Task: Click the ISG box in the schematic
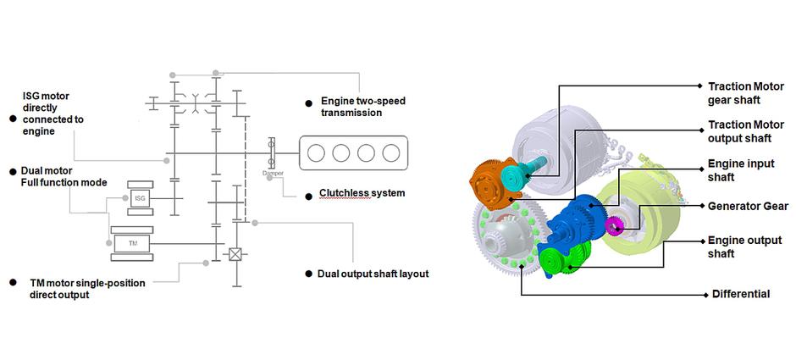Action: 140,197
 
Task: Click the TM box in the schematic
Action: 132,244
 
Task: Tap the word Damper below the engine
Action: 273,173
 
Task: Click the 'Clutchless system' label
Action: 362,193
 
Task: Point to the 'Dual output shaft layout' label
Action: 373,274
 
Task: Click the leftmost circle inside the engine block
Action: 317,153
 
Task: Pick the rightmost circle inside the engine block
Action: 390,153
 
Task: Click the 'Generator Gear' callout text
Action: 748,206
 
